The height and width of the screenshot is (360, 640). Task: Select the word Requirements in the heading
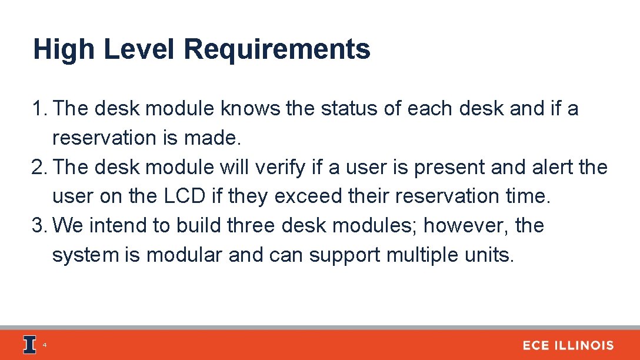(x=276, y=49)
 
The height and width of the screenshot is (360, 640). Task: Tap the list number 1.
(x=39, y=109)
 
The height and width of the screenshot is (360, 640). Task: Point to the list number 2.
(x=39, y=168)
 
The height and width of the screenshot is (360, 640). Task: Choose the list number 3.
(x=39, y=226)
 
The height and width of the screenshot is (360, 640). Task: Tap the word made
(x=216, y=138)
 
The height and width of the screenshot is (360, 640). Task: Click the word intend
(x=122, y=226)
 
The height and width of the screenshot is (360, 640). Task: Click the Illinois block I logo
(x=29, y=345)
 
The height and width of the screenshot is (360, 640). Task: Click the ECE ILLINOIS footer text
(x=568, y=346)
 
